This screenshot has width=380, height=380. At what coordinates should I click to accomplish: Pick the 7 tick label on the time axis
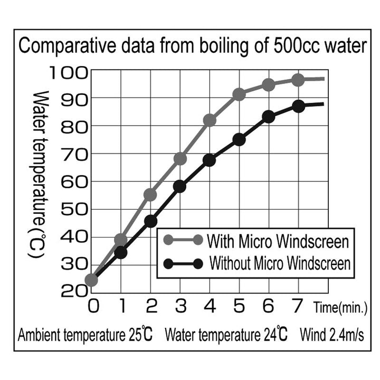click(298, 306)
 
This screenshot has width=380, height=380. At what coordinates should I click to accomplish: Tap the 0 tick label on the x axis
click(92, 306)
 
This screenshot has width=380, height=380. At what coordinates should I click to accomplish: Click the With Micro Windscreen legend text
click(278, 242)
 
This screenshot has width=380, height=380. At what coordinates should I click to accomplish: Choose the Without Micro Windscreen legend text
click(280, 263)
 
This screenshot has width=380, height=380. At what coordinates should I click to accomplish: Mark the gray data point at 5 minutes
click(239, 94)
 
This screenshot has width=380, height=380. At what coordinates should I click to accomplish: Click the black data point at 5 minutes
click(239, 139)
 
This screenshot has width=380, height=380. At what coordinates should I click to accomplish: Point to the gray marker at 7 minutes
click(298, 80)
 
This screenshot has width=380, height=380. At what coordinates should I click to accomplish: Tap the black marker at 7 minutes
click(298, 106)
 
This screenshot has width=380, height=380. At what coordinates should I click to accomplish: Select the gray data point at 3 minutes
click(180, 159)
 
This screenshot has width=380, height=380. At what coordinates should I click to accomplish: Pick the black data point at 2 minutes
click(150, 221)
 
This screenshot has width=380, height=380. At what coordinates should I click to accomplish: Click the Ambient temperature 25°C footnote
click(85, 335)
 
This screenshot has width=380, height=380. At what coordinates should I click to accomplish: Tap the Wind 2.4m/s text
click(331, 335)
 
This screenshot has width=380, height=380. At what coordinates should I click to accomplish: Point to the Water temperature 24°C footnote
click(226, 335)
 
